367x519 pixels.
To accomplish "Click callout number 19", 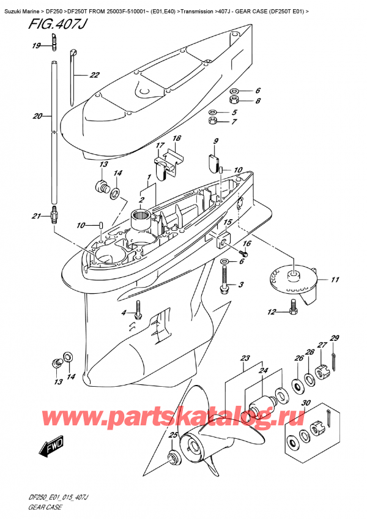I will tap(36, 46).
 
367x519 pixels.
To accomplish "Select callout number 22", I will tap(94, 75).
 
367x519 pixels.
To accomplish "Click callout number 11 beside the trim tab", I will tap(335, 280).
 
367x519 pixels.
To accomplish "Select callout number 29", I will tap(335, 338).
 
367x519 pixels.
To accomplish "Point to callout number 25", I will tap(172, 435).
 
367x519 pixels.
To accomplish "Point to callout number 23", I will tap(246, 358).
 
